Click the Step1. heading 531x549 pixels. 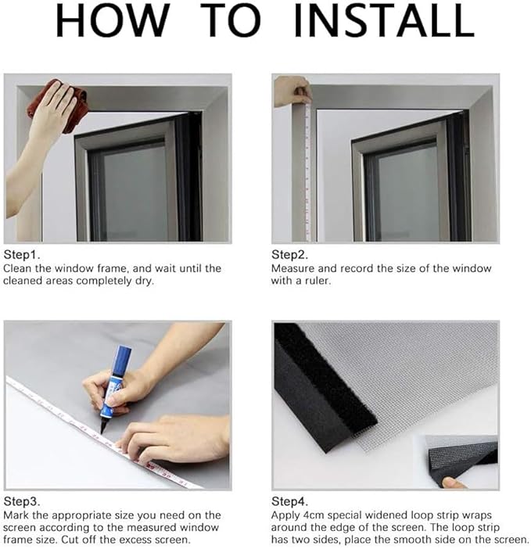[22, 255]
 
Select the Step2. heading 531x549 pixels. [289, 255]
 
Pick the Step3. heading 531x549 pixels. [22, 501]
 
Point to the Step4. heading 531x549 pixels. [289, 501]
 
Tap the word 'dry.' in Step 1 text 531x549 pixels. [145, 282]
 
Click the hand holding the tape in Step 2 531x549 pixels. [292, 91]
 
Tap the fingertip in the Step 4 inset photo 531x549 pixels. [454, 483]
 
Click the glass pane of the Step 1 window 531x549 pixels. [135, 192]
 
